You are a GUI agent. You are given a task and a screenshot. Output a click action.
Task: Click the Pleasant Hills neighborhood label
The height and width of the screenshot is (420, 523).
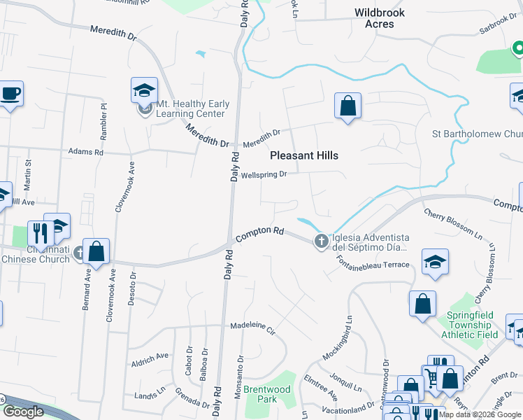303,155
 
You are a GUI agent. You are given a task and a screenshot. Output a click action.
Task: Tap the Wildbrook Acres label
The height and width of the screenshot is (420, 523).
384,18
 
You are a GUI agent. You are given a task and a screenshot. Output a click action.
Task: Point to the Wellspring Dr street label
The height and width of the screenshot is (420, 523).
264,175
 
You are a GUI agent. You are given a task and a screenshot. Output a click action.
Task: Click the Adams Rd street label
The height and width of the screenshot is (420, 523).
85,151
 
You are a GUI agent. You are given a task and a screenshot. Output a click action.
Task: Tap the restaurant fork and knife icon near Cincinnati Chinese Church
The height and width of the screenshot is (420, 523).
40,232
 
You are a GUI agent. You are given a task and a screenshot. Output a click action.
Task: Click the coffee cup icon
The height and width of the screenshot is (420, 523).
10,93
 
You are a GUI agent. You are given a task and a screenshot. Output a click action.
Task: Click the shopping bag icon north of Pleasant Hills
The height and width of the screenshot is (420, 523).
348,106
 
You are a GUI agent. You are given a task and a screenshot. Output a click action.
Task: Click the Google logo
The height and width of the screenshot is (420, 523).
22,412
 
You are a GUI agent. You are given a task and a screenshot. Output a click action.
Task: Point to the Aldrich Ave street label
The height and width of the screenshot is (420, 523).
150,356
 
